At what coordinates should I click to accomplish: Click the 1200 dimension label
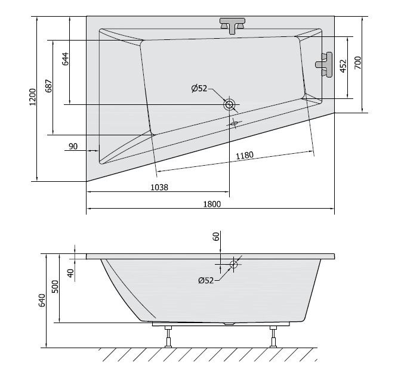(33, 98)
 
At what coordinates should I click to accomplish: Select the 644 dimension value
(65, 59)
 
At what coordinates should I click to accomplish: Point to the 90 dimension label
(73, 147)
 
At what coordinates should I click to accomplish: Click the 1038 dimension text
(158, 187)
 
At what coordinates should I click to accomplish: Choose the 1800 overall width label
(211, 204)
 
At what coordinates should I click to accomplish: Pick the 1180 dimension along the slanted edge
(245, 156)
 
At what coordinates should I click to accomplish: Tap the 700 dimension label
(357, 63)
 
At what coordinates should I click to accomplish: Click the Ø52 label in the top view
(199, 88)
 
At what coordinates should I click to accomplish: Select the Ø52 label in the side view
(206, 281)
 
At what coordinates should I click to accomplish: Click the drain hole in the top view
(229, 105)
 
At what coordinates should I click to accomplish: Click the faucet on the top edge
(233, 24)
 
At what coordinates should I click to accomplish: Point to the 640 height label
(42, 301)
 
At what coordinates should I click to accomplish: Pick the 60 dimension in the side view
(217, 236)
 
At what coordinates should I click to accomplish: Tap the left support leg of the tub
(168, 337)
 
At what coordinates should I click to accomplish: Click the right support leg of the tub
(274, 337)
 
